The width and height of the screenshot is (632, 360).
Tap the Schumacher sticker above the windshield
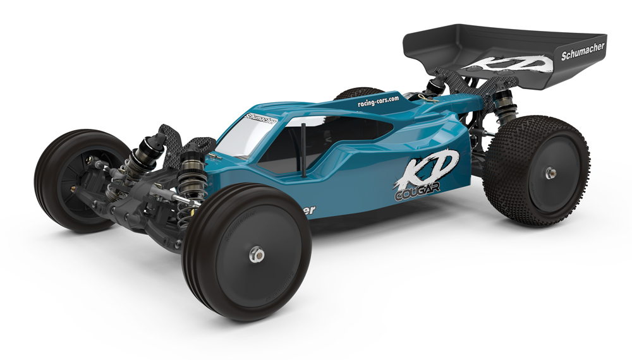pos(260,119)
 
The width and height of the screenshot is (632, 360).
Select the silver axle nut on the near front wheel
pos(257,254)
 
